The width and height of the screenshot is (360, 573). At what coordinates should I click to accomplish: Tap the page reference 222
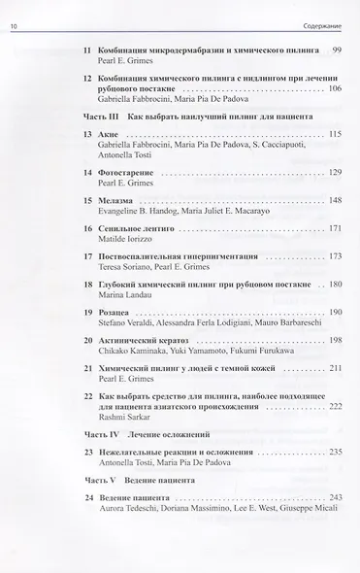pyautogui.click(x=335, y=408)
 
